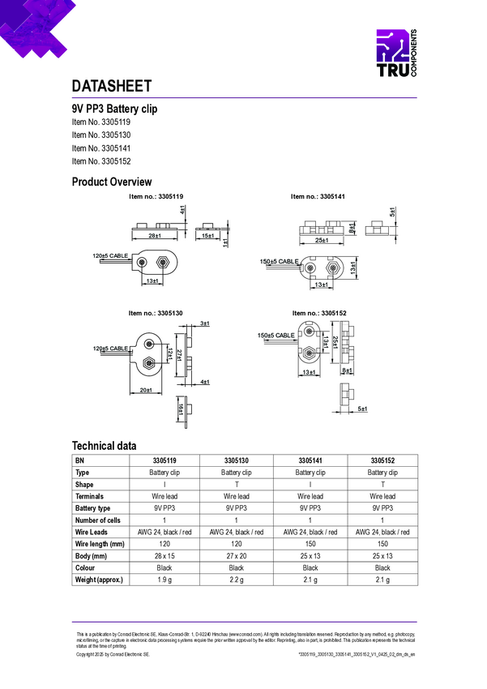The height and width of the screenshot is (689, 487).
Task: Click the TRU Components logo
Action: [396, 54]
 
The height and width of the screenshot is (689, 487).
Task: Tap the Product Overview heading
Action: [112, 182]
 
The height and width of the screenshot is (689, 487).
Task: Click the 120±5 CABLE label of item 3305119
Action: [110, 256]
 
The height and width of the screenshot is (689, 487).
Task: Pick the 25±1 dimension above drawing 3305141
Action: [322, 240]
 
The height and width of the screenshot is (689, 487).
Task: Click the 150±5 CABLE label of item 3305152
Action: [276, 335]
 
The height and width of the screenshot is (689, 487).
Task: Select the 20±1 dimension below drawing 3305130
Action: [147, 390]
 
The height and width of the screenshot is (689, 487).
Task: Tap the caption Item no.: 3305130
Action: [155, 313]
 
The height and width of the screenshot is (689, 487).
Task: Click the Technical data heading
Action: [104, 446]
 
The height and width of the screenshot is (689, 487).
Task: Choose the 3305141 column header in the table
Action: [310, 460]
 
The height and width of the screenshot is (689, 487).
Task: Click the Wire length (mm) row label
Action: [100, 544]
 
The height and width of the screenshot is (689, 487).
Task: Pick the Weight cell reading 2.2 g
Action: [236, 580]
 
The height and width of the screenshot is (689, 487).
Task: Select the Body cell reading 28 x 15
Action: [164, 556]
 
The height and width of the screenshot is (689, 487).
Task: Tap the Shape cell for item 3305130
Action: [236, 484]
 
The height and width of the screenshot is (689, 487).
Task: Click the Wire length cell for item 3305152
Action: [382, 544]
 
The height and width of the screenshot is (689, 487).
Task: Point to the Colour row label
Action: [87, 568]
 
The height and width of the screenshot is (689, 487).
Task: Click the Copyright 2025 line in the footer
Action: [113, 653]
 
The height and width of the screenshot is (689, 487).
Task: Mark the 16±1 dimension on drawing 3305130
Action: [180, 411]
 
